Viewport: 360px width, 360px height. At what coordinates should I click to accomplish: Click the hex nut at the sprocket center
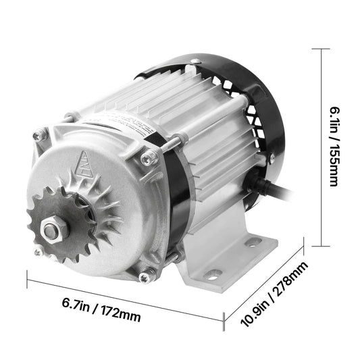[x=54, y=230]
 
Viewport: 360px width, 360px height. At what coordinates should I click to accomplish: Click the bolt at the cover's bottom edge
[x=144, y=276]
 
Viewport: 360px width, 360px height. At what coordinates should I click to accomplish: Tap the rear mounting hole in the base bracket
[x=253, y=241]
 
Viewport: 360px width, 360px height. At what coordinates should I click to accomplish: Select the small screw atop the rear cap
[x=195, y=62]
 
